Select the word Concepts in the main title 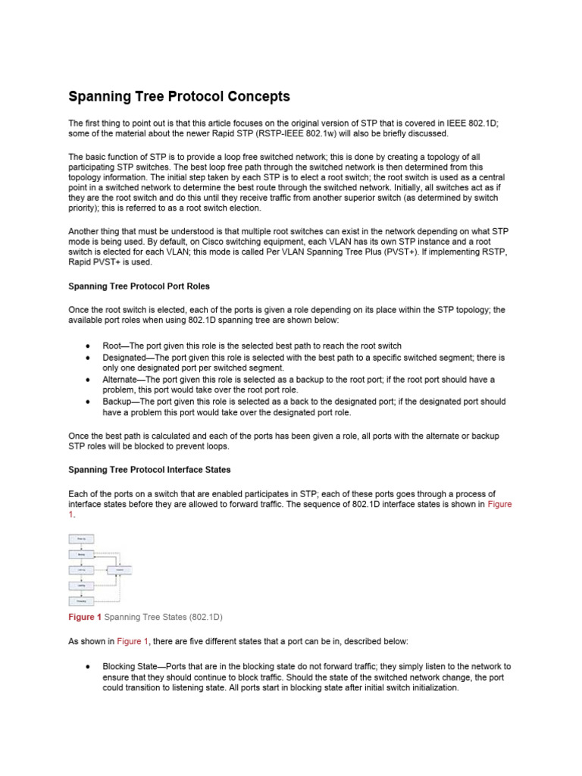253,96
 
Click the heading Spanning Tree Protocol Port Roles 139,286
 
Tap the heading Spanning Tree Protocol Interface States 149,470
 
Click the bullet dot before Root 89,346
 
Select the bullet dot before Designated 89,357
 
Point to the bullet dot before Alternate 89,379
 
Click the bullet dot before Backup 89,402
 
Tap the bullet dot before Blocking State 89,666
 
